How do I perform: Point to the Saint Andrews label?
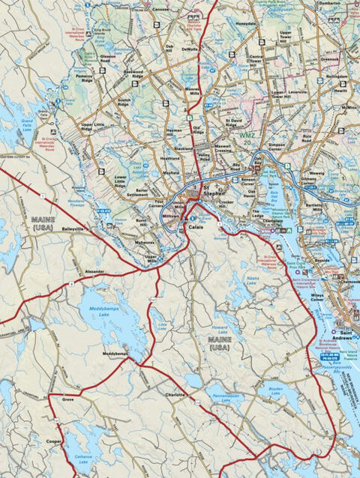346,334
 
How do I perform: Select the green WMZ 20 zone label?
248,139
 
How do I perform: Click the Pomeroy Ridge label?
84,78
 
